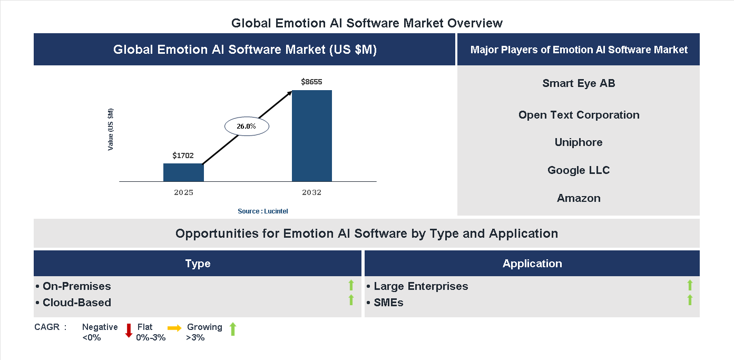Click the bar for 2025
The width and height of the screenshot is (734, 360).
183,172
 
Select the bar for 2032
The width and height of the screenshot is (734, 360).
312,136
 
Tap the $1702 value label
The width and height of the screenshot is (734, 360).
183,155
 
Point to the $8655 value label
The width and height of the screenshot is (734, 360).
311,82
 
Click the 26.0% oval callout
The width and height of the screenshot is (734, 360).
247,127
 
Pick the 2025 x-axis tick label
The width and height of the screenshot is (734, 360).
183,192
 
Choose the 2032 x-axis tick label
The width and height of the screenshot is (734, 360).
311,192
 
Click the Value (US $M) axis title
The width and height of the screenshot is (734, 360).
111,129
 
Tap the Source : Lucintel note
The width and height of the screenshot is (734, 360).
262,211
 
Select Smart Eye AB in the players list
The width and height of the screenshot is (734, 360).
579,83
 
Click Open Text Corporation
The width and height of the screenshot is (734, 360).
579,115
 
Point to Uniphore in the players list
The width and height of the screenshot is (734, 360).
579,142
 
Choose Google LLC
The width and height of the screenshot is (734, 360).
579,170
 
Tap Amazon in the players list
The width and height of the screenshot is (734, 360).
579,198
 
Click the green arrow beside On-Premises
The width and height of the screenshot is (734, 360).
351,286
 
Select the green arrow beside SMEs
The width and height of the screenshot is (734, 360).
690,300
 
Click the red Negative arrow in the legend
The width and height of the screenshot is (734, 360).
129,330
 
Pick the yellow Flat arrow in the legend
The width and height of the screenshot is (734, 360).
174,328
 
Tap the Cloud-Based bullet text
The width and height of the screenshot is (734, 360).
76,303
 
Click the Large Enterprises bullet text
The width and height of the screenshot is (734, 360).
420,286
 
